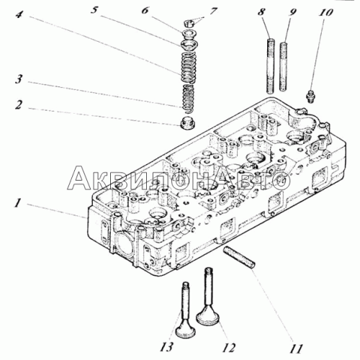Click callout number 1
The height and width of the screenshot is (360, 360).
[x=17, y=203]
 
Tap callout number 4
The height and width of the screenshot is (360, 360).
[x=19, y=14]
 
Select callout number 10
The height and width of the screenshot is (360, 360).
[x=325, y=12]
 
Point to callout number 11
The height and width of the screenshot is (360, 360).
[x=296, y=348]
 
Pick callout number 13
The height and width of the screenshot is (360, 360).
[x=166, y=347]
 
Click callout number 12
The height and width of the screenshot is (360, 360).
[x=228, y=347]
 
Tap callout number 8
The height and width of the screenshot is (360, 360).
[x=261, y=12]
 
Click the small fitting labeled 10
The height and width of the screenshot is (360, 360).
[x=310, y=96]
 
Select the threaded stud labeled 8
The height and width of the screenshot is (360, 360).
[x=271, y=66]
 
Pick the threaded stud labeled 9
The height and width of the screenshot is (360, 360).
[x=284, y=66]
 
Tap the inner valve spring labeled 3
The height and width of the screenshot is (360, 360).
[x=189, y=98]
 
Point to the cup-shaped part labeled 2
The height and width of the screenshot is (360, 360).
[x=187, y=122]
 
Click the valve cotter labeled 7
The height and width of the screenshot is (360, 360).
[x=189, y=24]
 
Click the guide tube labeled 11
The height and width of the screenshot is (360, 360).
[x=239, y=258]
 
